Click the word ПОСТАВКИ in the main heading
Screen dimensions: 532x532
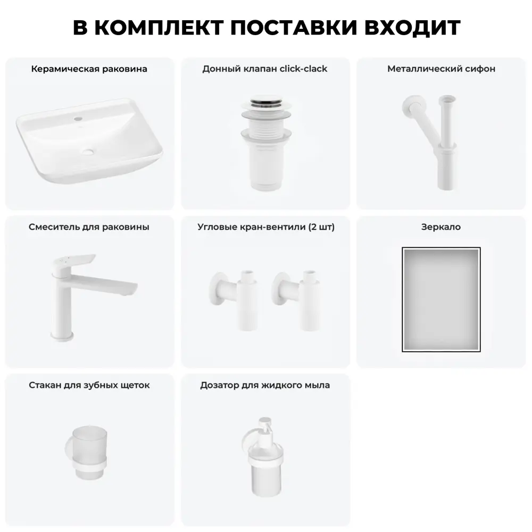pyautogui.click(x=294, y=28)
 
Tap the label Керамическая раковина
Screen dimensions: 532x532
pyautogui.click(x=89, y=69)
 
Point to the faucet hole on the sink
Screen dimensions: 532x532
pyautogui.click(x=78, y=119)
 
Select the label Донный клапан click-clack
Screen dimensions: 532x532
pyautogui.click(x=265, y=69)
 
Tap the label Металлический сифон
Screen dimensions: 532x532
pyautogui.click(x=441, y=69)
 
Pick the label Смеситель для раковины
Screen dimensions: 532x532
pyautogui.click(x=89, y=227)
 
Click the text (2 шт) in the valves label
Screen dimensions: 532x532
pyautogui.click(x=321, y=227)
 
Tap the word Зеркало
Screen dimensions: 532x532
pyautogui.click(x=441, y=227)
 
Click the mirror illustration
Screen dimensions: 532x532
pyautogui.click(x=441, y=300)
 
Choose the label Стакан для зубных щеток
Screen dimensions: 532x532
pyautogui.click(x=89, y=385)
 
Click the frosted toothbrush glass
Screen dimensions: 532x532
pyautogui.click(x=89, y=451)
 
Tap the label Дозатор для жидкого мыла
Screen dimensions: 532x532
pyautogui.click(x=265, y=385)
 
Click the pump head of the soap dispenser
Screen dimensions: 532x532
pyautogui.click(x=265, y=426)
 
